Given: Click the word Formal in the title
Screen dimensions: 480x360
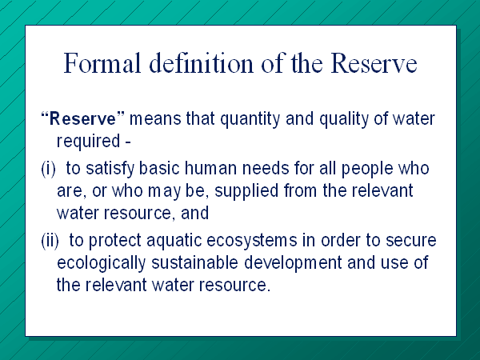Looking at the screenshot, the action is coord(102,62).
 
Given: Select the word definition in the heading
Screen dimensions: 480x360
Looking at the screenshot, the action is coord(202,62).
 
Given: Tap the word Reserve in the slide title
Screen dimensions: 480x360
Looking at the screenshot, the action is coord(374,62).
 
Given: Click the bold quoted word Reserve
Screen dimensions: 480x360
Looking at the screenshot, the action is coord(82,118).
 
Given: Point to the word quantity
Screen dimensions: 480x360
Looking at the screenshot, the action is coord(250,119).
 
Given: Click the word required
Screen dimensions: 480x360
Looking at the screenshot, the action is coord(88,142).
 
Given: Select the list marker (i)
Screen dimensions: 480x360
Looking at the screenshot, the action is coord(48,169).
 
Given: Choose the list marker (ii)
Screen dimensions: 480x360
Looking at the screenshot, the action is coord(50,241).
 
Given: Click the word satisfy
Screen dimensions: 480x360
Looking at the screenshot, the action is coord(110,169).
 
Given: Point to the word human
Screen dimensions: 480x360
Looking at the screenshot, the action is coord(210,168).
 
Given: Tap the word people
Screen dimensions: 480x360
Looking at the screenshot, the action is coord(366,170).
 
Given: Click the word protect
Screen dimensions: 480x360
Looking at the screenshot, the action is coord(114,242).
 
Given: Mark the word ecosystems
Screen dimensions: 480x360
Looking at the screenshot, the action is coord(252,242).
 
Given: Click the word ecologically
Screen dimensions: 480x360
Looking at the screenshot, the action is coord(101,263).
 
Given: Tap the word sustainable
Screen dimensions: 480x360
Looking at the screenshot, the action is coord(194,262).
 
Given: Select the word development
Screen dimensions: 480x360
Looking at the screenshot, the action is coord(293,263).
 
